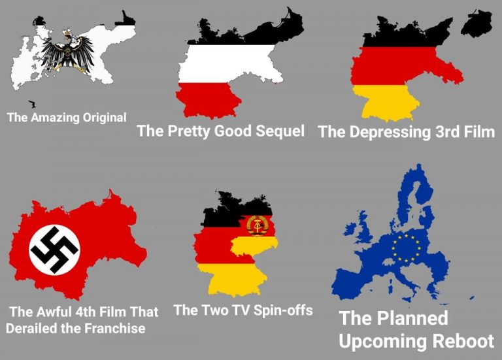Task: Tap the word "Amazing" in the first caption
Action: pos(53,118)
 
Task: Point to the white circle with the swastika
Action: pos(54,249)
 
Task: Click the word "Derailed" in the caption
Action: pos(30,328)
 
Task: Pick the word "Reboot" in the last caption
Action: pos(461,340)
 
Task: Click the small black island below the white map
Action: pos(32,104)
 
